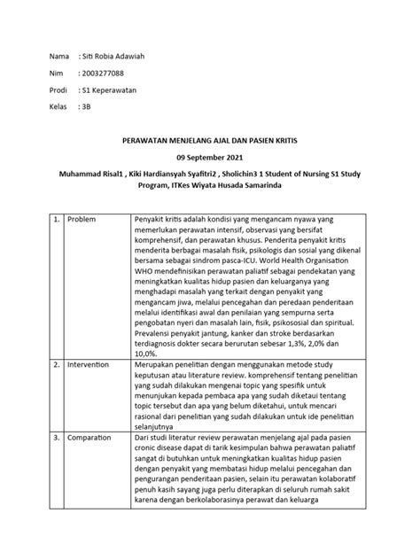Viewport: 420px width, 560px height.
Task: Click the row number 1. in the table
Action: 55,219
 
